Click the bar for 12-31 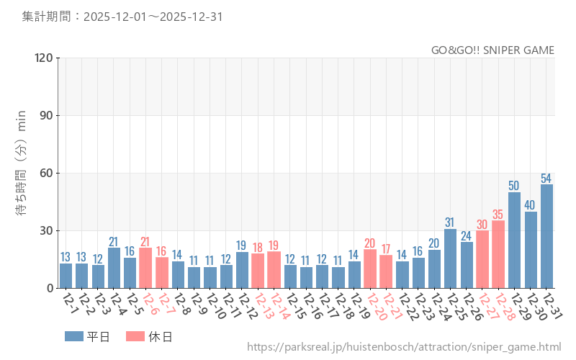pyautogui.click(x=546, y=236)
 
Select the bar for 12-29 pyautogui.click(x=514, y=240)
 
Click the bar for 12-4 pyautogui.click(x=114, y=268)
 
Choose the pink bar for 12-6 pyautogui.click(x=145, y=268)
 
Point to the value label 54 pyautogui.click(x=546, y=178)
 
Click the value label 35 pyautogui.click(x=498, y=214)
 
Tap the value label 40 pyautogui.click(x=531, y=204)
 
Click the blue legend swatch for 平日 pyautogui.click(x=73, y=336)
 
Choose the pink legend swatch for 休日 pyautogui.click(x=135, y=336)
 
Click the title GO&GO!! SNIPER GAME pyautogui.click(x=492, y=50)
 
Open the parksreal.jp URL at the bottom pyautogui.click(x=403, y=347)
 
